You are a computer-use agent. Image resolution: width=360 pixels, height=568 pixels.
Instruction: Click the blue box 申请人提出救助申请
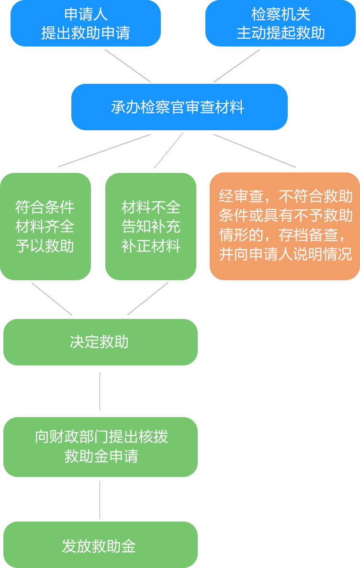(85, 23)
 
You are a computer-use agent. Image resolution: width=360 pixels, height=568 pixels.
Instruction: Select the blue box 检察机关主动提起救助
(281, 23)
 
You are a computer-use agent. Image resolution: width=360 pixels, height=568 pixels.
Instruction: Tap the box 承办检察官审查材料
(179, 107)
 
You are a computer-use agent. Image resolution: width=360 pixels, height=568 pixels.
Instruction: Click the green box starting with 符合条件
(45, 226)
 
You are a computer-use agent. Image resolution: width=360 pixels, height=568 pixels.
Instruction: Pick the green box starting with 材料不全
(151, 226)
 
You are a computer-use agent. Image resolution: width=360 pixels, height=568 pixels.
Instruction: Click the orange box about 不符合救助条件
(285, 226)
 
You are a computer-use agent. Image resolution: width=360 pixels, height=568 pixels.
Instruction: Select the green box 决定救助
(100, 342)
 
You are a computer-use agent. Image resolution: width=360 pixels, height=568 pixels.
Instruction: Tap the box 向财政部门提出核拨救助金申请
(100, 446)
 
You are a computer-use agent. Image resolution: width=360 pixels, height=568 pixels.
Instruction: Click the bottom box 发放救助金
(100, 545)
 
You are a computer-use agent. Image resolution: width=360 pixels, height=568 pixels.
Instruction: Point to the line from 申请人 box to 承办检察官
(128, 66)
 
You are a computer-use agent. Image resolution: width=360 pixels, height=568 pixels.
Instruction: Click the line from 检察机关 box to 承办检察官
(236, 66)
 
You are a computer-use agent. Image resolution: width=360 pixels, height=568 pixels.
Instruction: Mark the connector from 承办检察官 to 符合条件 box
(104, 150)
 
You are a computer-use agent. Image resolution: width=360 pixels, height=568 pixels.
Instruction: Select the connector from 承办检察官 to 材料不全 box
(169, 150)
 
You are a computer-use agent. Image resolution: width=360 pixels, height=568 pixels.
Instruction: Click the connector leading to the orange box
(255, 150)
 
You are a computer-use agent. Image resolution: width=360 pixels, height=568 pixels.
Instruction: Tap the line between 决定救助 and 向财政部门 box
(100, 391)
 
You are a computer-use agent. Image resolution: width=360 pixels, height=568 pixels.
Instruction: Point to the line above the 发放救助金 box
(100, 500)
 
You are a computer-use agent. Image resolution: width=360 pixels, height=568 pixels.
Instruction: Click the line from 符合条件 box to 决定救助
(52, 299)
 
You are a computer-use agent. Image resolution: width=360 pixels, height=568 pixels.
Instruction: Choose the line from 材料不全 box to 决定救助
(148, 299)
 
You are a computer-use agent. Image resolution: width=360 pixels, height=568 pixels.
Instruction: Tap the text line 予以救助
(45, 246)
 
